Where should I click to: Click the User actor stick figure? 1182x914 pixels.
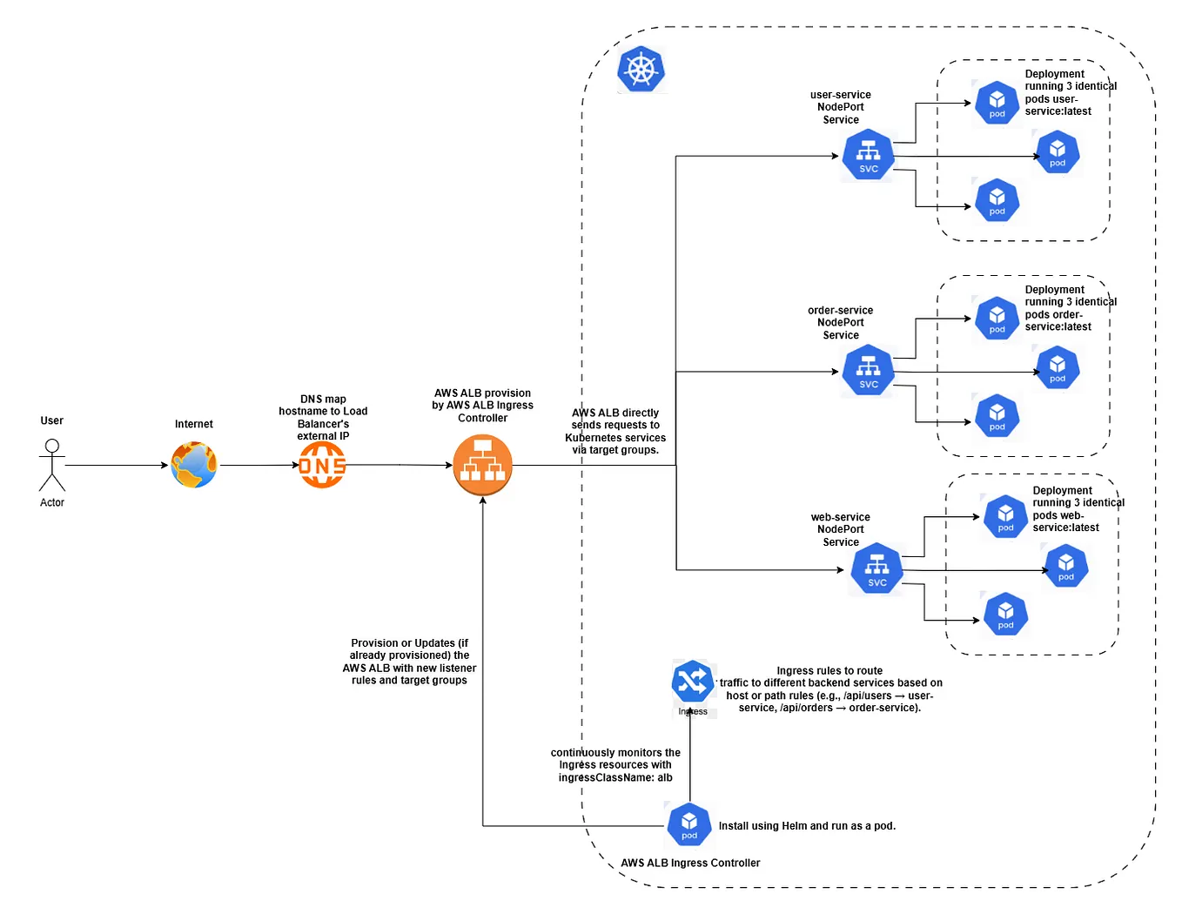point(52,465)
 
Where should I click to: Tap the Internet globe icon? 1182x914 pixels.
point(193,465)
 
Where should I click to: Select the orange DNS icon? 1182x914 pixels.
point(322,465)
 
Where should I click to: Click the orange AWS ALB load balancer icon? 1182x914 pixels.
point(483,466)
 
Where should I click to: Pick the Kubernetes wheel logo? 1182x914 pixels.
point(641,70)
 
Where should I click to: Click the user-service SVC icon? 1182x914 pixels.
point(869,156)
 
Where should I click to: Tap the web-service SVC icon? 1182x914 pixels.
point(876,570)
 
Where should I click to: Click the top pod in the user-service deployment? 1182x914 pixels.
point(997,103)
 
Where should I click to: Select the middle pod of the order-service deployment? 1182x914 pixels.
point(1057,367)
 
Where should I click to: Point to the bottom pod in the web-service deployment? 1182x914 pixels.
point(1005,615)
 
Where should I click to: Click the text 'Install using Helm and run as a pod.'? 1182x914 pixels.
point(807,826)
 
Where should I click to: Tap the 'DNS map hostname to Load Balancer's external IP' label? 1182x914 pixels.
point(323,418)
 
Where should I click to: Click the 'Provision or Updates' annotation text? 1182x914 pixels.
point(409,662)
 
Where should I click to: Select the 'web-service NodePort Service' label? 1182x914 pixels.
point(841,529)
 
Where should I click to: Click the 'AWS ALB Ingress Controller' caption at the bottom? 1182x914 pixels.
point(690,863)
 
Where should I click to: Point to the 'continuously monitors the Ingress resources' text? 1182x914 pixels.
point(615,765)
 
